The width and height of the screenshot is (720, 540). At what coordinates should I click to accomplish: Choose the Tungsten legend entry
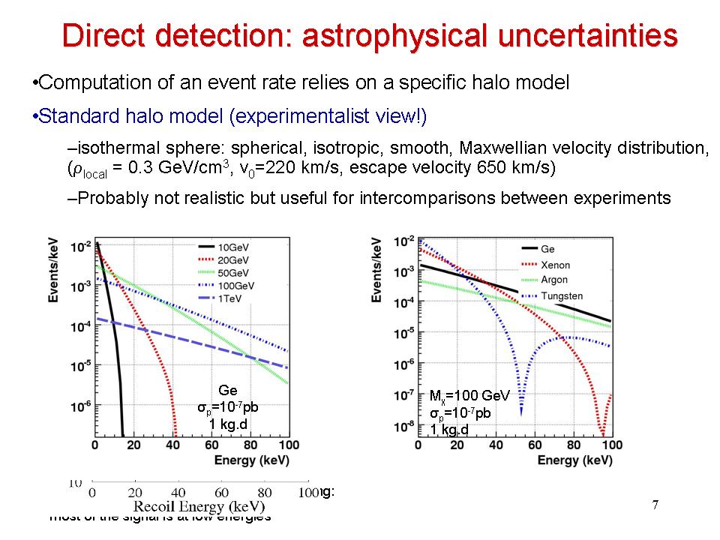pos(561,295)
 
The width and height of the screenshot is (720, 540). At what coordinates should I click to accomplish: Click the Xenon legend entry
pos(554,264)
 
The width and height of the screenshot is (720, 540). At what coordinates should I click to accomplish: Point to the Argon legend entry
pos(554,280)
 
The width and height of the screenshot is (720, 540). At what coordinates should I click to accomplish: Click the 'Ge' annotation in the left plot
pos(228,391)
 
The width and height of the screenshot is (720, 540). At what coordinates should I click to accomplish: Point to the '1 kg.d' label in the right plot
pos(449,429)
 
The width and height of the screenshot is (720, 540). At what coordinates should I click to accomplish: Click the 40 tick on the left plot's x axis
pos(174,445)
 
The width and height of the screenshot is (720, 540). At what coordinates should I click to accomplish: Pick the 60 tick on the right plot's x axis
pos(535,445)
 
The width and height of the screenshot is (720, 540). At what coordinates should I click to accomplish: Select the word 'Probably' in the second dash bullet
pos(107,198)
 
